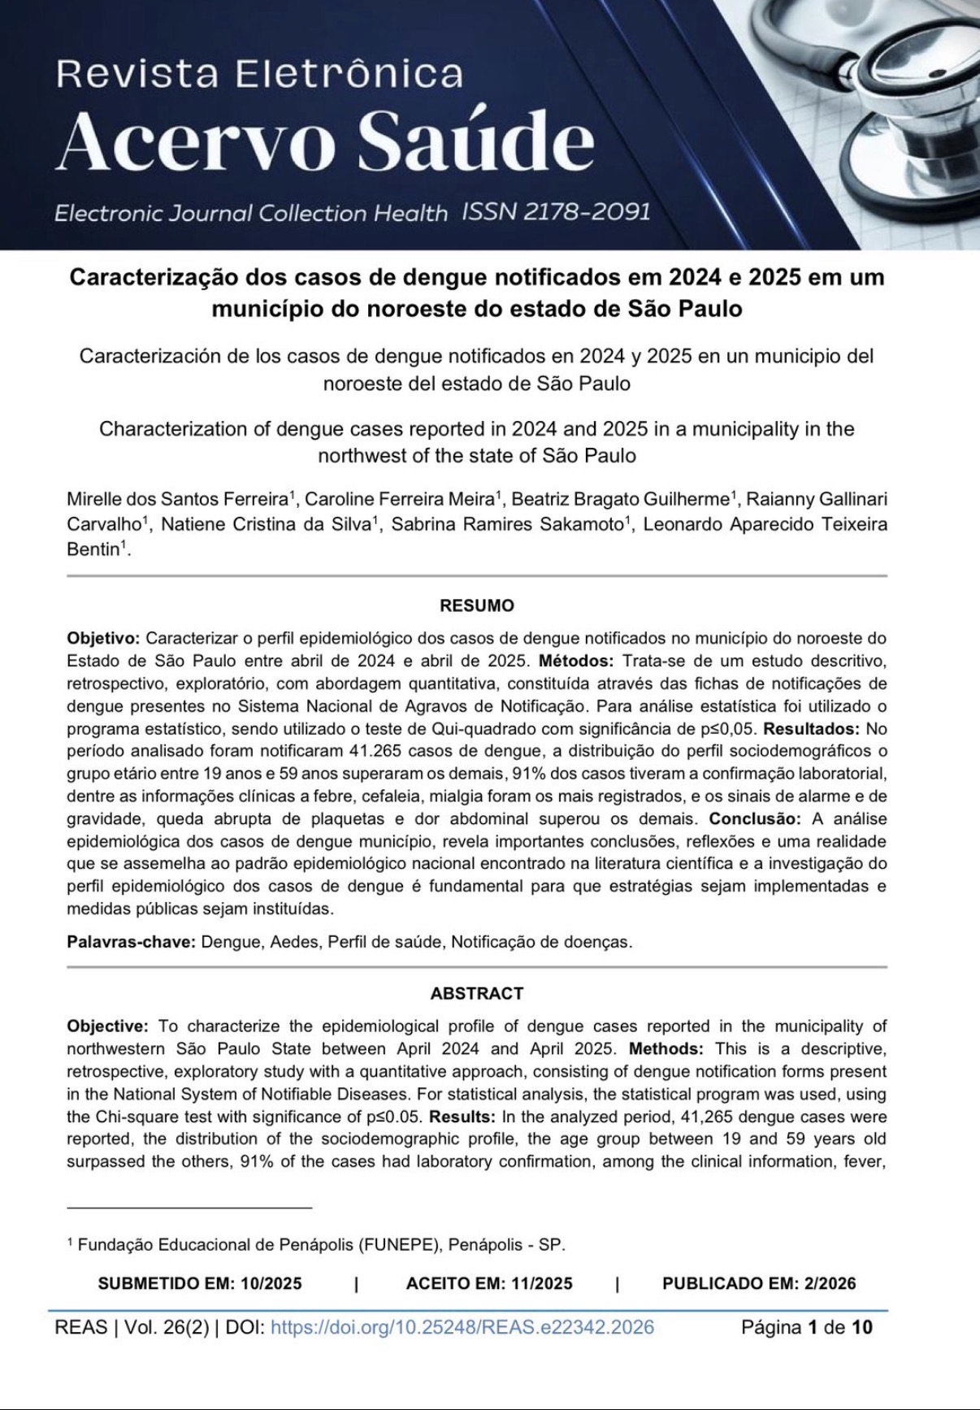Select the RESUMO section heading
477,605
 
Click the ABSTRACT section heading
477,993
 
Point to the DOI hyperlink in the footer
462,1327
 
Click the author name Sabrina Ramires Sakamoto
507,524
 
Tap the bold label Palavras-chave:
131,942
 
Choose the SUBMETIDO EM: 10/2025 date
200,1283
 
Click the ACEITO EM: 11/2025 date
489,1283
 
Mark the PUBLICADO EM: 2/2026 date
759,1283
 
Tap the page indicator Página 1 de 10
806,1327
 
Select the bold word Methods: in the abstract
666,1048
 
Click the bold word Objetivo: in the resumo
103,638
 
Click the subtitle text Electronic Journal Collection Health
250,214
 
